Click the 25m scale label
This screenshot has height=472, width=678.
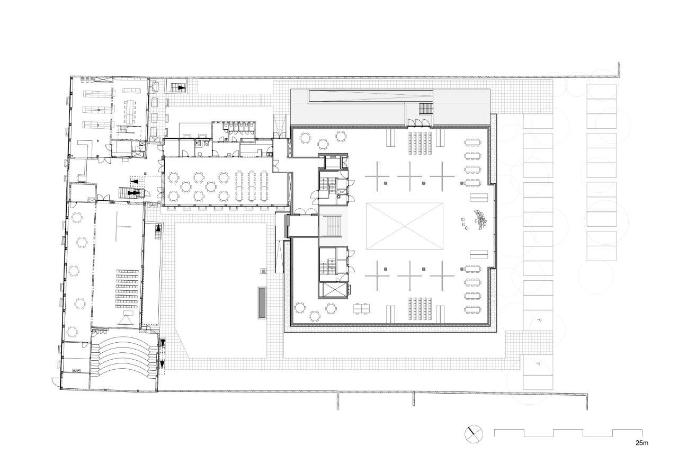coord(641,443)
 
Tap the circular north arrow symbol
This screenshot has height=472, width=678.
coord(474,434)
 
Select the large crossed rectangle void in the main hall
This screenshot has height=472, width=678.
coord(404,226)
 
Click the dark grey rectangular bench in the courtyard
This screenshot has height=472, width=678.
coord(262,302)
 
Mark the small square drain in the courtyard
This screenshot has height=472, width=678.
coord(263,271)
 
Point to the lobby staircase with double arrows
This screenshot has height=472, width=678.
coord(132,192)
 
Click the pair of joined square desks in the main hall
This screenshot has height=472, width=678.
coord(361,308)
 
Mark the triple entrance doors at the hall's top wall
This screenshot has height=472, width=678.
coord(418,122)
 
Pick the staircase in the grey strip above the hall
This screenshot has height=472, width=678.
coord(426,109)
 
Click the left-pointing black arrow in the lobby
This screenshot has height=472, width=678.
coord(134,181)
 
